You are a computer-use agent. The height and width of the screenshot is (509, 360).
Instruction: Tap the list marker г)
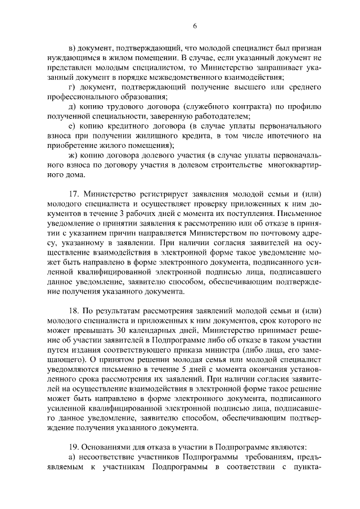coord(71,87)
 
